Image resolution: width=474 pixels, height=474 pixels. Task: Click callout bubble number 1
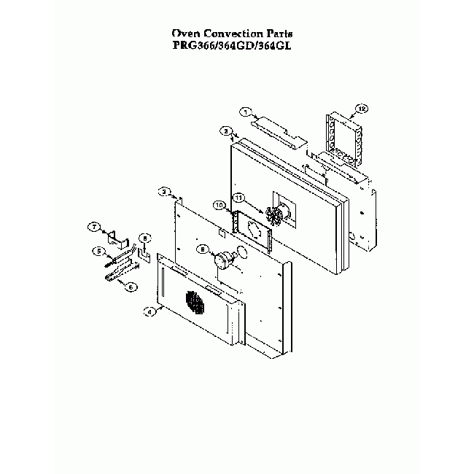pos(247,112)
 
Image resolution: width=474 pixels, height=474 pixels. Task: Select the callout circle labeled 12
pos(359,109)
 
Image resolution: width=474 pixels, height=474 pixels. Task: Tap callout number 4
pos(149,311)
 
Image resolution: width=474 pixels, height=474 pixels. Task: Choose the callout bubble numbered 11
pos(237,198)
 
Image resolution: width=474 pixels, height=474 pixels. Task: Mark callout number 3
pos(166,191)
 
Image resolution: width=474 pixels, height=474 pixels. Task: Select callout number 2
pos(227,131)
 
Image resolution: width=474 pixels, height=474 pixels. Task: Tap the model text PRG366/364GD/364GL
pos(236,44)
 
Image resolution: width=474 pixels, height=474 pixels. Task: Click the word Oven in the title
pos(184,34)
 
